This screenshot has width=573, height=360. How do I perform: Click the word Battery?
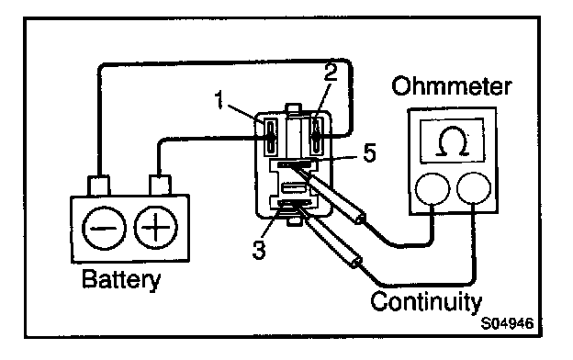[121, 279]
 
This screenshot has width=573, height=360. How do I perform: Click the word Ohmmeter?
[451, 86]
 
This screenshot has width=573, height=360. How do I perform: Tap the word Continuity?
[426, 302]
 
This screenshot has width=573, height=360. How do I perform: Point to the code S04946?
[507, 323]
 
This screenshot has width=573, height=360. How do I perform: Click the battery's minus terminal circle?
[104, 228]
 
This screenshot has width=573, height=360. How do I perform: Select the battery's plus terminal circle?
[156, 228]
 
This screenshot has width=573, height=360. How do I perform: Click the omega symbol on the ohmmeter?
[453, 141]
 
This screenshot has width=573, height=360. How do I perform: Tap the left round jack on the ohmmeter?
[433, 188]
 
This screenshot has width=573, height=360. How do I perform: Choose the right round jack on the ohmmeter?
[474, 188]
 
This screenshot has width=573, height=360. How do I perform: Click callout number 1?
[219, 100]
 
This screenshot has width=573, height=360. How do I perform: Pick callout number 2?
[331, 72]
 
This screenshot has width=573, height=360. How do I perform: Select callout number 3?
[259, 251]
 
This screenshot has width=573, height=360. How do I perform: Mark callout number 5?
[369, 152]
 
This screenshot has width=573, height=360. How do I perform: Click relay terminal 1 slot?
[270, 136]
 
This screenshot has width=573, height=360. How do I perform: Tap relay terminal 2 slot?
[317, 136]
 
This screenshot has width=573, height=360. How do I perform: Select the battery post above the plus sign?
[160, 185]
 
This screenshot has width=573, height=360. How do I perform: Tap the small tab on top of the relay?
[294, 108]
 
